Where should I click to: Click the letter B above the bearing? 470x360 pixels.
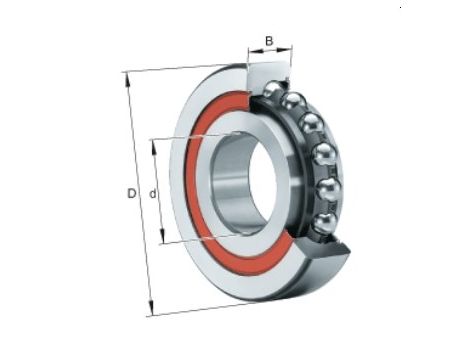point(269,41)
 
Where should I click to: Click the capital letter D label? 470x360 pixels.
point(132,193)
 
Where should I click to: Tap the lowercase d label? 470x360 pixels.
point(153,193)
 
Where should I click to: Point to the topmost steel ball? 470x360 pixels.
point(275,89)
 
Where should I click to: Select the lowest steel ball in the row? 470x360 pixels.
point(325,223)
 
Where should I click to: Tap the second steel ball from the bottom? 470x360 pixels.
point(329,190)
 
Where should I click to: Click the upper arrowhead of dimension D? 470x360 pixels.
point(128,80)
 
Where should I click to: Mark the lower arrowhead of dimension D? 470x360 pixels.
point(151,308)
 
